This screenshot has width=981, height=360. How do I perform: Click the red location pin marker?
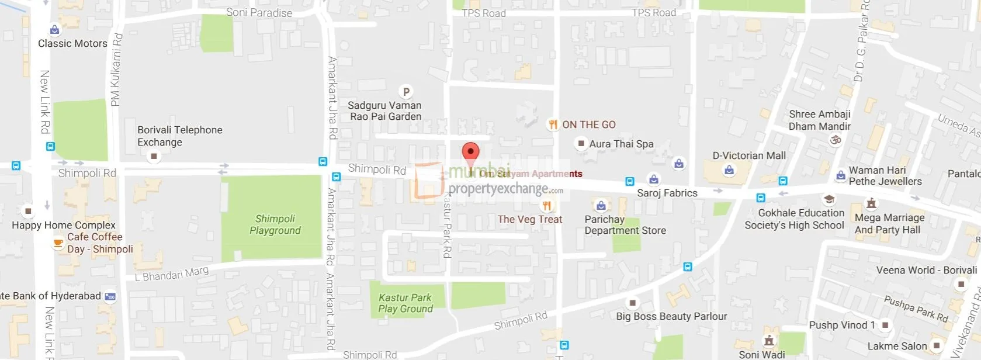(470, 152)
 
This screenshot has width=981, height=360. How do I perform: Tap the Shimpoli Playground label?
(275, 224)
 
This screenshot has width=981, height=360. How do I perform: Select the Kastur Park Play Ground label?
(405, 303)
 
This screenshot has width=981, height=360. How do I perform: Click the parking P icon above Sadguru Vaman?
(406, 92)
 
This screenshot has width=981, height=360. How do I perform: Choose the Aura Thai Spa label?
(621, 144)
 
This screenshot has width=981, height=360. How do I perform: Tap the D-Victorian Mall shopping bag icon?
(729, 170)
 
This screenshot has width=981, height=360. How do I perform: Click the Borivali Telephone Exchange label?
(179, 136)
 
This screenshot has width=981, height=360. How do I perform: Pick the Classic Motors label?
(72, 43)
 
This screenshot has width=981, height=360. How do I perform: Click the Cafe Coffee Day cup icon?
(58, 243)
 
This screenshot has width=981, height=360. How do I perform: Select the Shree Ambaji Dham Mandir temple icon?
(836, 140)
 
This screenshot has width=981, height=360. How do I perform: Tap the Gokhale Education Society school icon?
(828, 200)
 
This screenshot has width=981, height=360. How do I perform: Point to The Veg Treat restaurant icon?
(547, 206)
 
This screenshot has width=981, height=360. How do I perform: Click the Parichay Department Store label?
(625, 225)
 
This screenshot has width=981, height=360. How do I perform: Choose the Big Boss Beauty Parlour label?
(671, 316)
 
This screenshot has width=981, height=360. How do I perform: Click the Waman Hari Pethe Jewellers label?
(885, 176)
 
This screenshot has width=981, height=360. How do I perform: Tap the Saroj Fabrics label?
(667, 193)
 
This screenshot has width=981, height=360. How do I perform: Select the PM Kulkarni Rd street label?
(116, 70)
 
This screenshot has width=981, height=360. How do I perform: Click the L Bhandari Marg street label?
(171, 274)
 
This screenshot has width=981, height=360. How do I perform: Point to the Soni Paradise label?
(259, 12)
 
